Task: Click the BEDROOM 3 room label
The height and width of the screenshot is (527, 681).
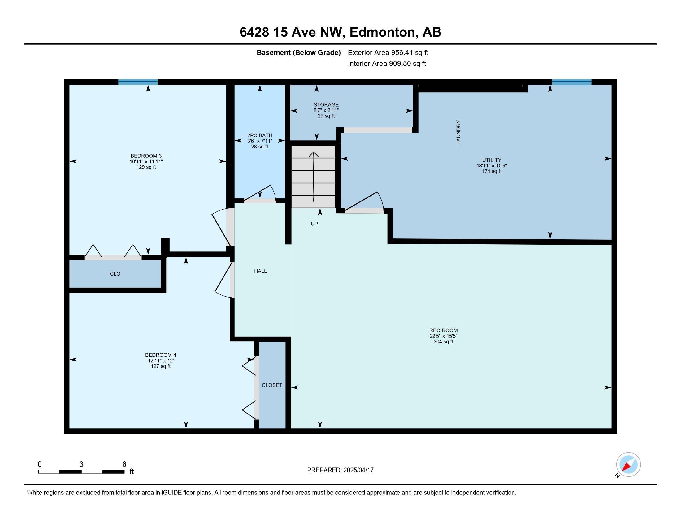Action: pyautogui.click(x=146, y=156)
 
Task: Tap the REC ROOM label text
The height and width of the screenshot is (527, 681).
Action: pyautogui.click(x=443, y=330)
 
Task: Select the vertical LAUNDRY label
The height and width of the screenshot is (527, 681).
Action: pyautogui.click(x=458, y=132)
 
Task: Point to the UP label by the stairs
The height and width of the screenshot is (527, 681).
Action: pyautogui.click(x=314, y=224)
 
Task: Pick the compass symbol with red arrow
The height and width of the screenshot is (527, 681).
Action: pyautogui.click(x=628, y=465)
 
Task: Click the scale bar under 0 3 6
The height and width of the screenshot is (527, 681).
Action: pyautogui.click(x=81, y=472)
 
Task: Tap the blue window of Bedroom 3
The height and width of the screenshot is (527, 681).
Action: pyautogui.click(x=138, y=82)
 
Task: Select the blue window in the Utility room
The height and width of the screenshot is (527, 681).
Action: pyautogui.click(x=571, y=82)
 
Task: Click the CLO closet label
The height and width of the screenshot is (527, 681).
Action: pyautogui.click(x=115, y=274)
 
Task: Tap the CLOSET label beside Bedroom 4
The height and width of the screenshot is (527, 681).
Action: pyautogui.click(x=272, y=385)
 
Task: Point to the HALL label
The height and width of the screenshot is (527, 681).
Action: pyautogui.click(x=260, y=271)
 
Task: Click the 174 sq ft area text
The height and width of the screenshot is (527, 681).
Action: pyautogui.click(x=492, y=171)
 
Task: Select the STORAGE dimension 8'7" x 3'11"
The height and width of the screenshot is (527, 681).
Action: pyautogui.click(x=326, y=110)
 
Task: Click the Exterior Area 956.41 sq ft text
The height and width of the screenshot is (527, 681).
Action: pyautogui.click(x=388, y=52)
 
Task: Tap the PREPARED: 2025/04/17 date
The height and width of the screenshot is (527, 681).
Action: pyautogui.click(x=340, y=470)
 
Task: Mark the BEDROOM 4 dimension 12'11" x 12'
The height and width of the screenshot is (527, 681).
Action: pyautogui.click(x=161, y=361)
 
